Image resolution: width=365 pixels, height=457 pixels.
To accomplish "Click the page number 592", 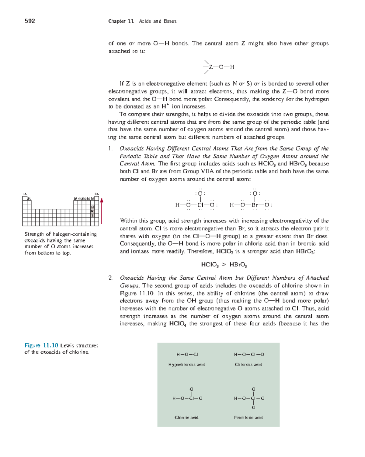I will point(30,21).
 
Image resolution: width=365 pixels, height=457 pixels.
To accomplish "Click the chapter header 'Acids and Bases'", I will point(158,21).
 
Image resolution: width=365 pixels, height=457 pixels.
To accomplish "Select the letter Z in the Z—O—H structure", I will point(211,67).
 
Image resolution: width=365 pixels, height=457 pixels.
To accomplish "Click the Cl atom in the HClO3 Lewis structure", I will point(200,205).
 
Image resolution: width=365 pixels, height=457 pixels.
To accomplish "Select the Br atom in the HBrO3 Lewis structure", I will point(255,205).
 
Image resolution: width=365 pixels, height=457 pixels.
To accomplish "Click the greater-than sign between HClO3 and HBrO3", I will point(224,264).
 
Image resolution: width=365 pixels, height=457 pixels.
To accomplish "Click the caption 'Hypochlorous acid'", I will point(186,365).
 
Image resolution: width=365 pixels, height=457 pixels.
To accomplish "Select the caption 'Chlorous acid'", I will point(248,365).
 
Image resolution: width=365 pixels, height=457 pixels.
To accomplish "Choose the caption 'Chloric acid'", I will point(186,418).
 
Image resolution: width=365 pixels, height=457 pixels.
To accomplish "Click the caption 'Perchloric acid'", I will point(248,418).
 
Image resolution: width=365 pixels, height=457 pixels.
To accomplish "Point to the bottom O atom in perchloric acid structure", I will point(254,407).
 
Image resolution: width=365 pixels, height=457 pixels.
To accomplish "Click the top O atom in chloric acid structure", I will point(192,389).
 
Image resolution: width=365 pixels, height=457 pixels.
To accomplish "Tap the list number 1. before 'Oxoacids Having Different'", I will point(110,149).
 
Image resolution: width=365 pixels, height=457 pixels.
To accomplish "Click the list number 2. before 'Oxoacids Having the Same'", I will point(110,278).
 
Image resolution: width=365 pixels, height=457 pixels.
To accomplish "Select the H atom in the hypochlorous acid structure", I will point(178,355).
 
